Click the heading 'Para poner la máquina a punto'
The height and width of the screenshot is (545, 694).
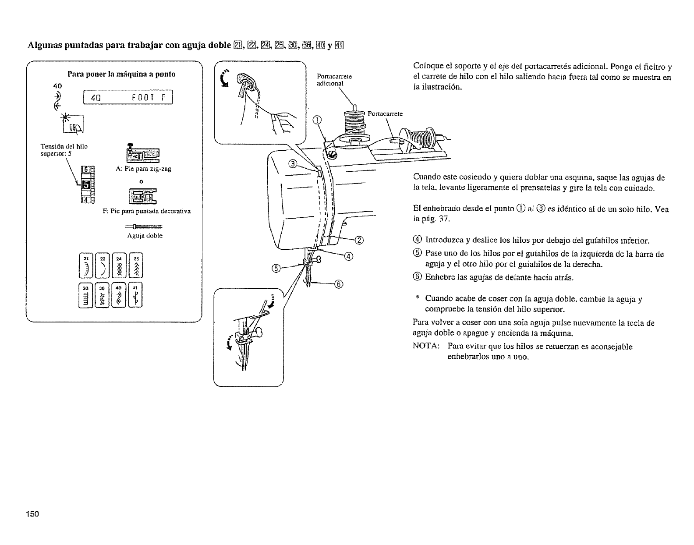point(121,74)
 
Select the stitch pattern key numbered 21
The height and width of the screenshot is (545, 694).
point(86,265)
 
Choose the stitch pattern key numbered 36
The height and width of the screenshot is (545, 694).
point(103,295)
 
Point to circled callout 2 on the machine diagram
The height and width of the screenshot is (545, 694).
point(359,239)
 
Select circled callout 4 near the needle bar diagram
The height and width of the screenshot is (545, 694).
point(349,257)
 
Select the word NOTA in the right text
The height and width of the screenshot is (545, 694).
point(426,347)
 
